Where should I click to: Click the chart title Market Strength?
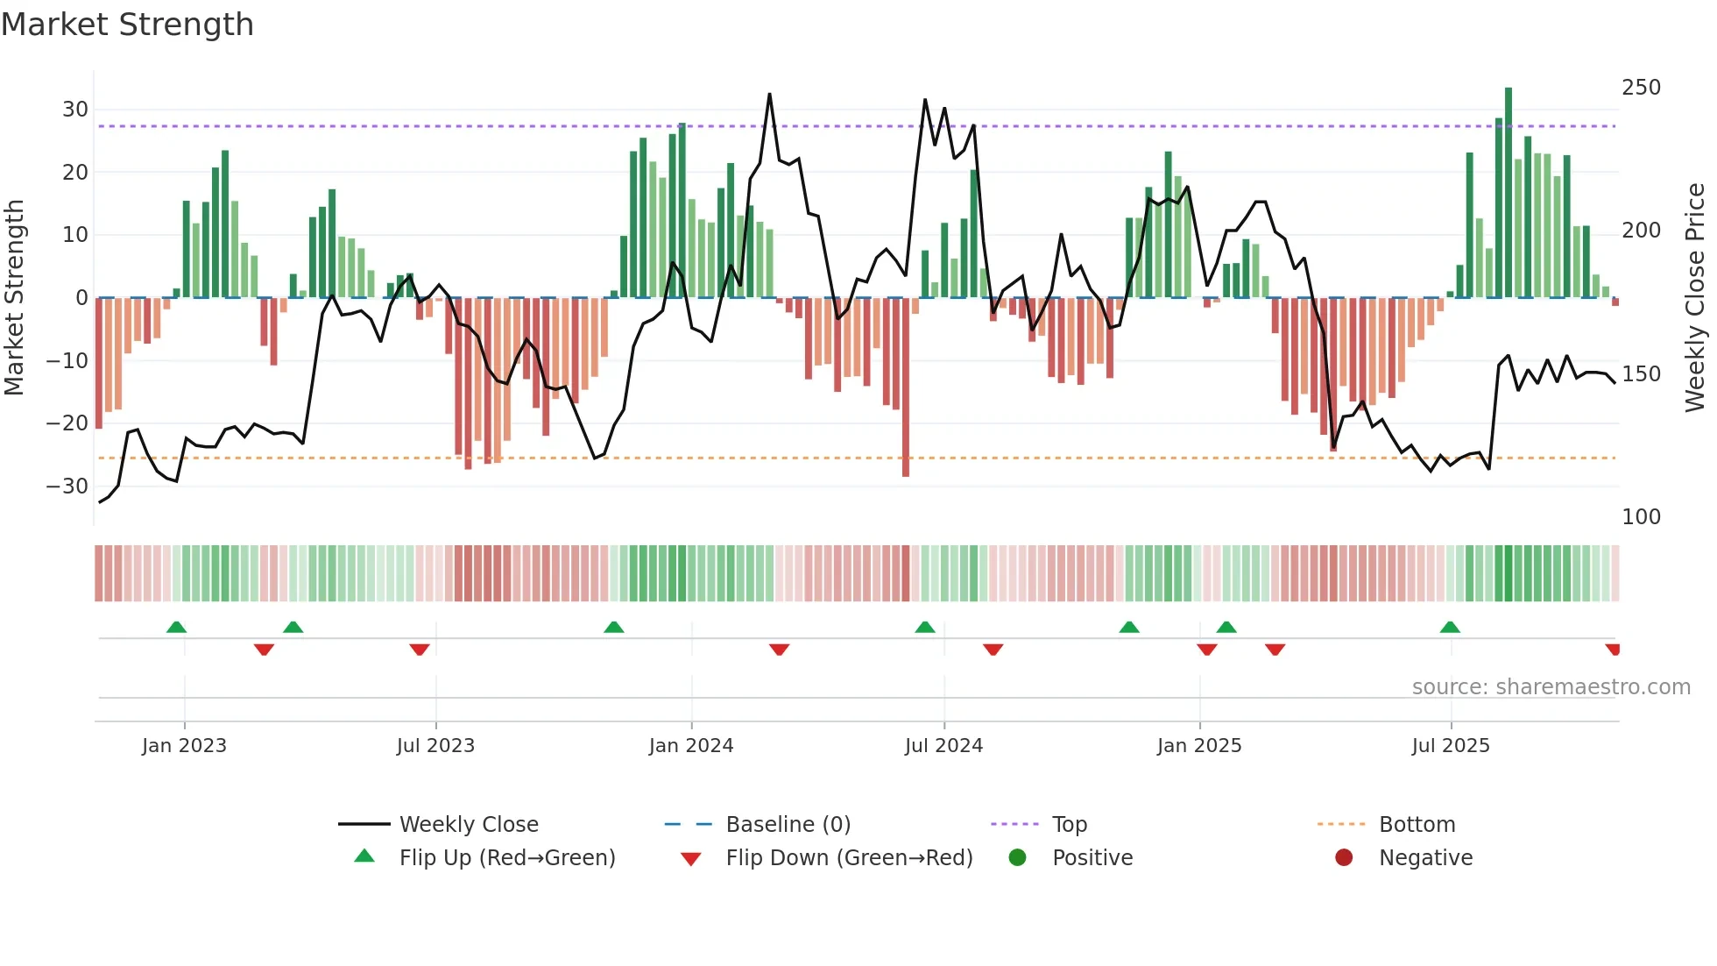127,25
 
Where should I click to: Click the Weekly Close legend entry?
468,824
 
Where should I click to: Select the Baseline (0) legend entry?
788,824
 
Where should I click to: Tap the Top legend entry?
1069,824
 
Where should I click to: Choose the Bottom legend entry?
1417,824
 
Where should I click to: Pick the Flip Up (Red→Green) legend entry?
506,857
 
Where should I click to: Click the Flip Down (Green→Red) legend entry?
848,857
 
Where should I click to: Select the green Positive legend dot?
1017,857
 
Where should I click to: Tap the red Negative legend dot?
1344,857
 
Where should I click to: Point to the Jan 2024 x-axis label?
690,746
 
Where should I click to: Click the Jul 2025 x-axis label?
1450,746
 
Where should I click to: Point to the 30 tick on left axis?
75,110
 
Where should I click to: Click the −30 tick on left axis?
67,486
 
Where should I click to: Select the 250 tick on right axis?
1641,88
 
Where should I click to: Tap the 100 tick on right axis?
1641,517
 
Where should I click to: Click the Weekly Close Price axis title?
1695,298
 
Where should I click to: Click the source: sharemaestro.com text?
1551,687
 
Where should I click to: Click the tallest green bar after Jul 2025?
1509,193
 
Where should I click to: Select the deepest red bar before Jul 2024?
906,387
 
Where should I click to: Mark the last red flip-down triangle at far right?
1613,650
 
